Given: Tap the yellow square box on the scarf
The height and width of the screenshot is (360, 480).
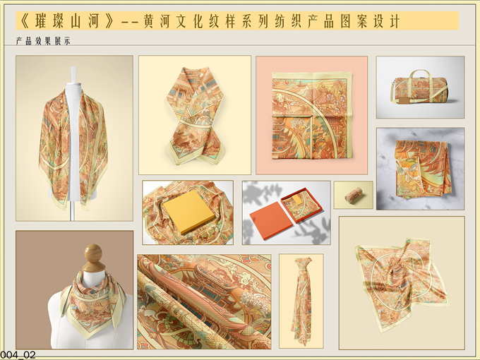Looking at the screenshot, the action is coord(188,211).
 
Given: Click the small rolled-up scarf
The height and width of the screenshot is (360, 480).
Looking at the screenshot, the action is coord(354,194).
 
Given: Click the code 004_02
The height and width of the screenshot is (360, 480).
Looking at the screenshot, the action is coord(18,355).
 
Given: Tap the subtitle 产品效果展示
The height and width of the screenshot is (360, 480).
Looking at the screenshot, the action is coord(43,41).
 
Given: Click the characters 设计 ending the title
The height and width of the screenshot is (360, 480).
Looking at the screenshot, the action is coord(387,21).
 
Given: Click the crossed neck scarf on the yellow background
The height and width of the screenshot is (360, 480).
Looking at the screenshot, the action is coord(195,116).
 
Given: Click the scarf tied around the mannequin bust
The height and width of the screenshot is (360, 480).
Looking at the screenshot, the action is coord(93,303).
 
